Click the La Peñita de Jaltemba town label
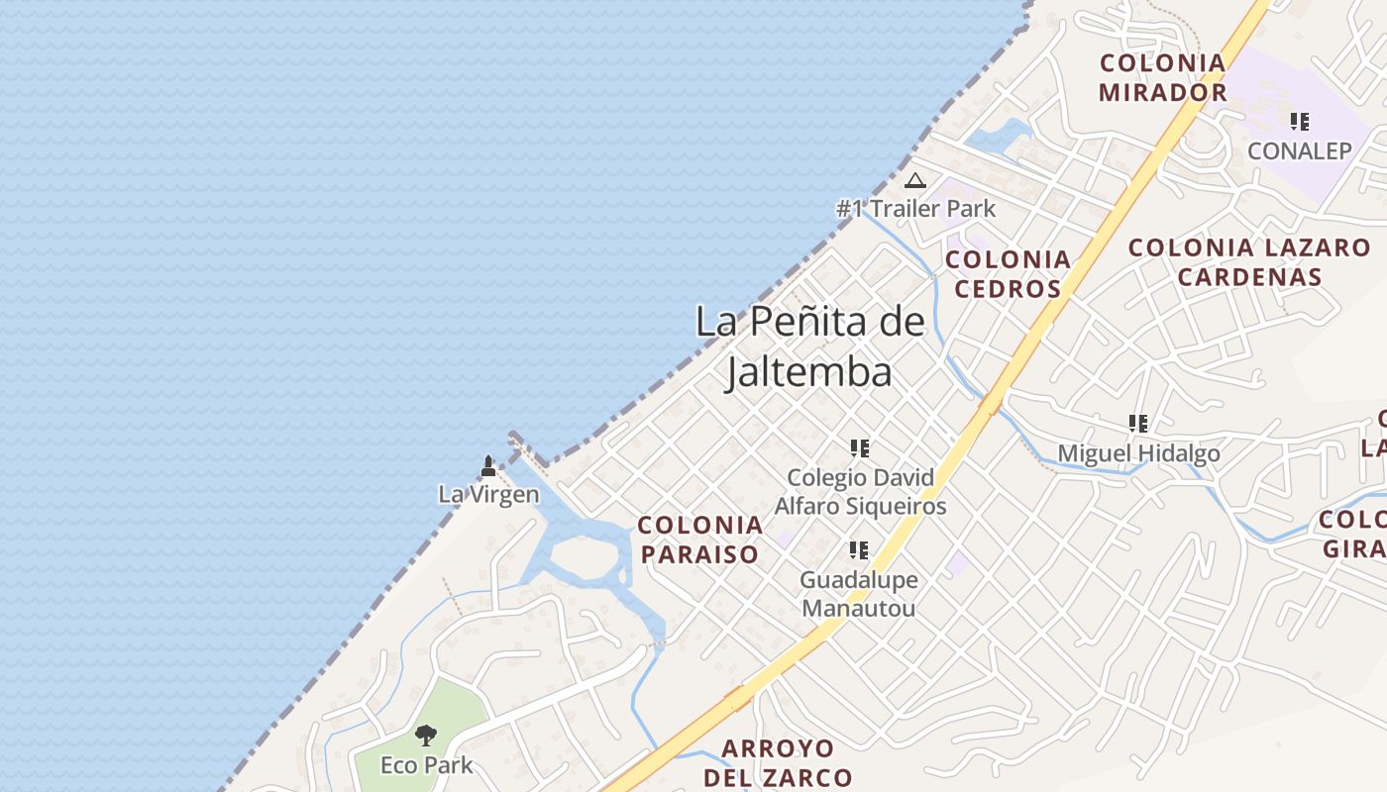809,346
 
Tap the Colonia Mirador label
1163,78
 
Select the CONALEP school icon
1299,122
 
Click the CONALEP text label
1299,151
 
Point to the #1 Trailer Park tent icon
914,180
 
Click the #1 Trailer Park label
916,209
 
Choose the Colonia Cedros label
1008,274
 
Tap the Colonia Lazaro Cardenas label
1249,262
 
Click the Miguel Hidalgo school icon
1138,424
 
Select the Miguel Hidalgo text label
1138,453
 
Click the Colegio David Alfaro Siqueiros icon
859,448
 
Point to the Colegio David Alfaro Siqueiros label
860,492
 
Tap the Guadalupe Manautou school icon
859,549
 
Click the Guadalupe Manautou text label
859,594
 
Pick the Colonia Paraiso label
699,540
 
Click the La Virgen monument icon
487,465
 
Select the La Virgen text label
488,494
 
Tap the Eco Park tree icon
426,736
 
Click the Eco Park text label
427,765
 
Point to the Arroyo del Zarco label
778,763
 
